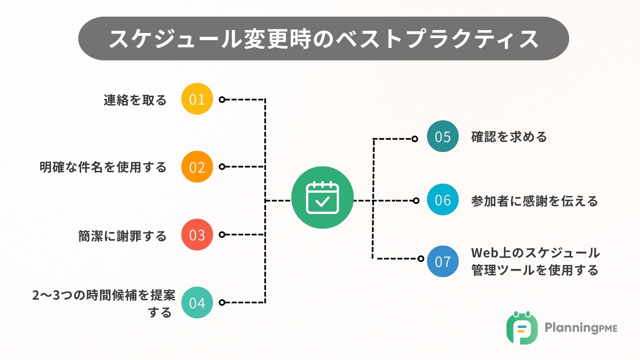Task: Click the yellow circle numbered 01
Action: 197,99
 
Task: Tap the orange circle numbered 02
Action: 197,167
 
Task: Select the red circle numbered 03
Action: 197,235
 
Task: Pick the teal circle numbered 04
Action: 197,302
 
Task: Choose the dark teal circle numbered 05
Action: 443,136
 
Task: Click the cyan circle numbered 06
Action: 443,200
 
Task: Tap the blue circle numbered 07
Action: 443,261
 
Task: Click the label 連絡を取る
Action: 135,100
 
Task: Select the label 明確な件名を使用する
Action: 103,167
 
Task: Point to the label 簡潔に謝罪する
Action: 122,236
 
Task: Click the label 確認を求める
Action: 509,137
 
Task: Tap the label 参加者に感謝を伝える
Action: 534,201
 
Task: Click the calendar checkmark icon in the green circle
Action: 322,198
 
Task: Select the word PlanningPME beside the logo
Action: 581,328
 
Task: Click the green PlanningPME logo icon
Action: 522,328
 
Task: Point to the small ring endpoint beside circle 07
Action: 421,259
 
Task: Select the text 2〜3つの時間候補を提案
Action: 104,295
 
